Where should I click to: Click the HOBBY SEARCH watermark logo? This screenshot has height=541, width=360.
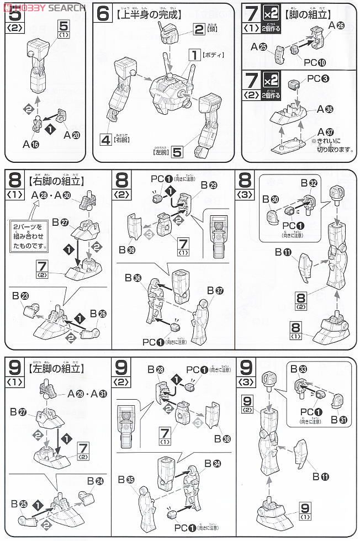43,7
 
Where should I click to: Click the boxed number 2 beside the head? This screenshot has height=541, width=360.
199,29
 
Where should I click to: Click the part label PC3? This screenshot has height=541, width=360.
317,78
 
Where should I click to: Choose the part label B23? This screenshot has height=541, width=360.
20,296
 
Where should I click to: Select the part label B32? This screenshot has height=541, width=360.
309,183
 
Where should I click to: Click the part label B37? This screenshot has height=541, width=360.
214,291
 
